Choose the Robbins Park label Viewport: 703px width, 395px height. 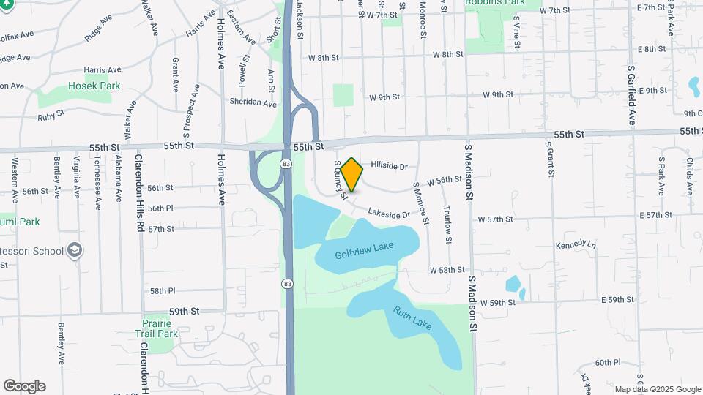click(x=505, y=2)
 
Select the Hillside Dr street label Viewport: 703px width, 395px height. click(x=389, y=167)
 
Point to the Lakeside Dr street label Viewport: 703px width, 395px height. click(x=389, y=214)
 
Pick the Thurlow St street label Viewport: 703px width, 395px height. click(x=447, y=219)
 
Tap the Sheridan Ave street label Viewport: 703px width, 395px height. click(x=253, y=102)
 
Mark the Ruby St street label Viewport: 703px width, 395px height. click(x=51, y=116)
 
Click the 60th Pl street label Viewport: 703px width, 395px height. click(x=607, y=362)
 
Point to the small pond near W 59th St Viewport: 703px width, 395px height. click(x=513, y=285)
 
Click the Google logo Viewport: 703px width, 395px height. click(x=24, y=386)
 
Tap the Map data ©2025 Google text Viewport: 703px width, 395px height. click(x=657, y=389)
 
